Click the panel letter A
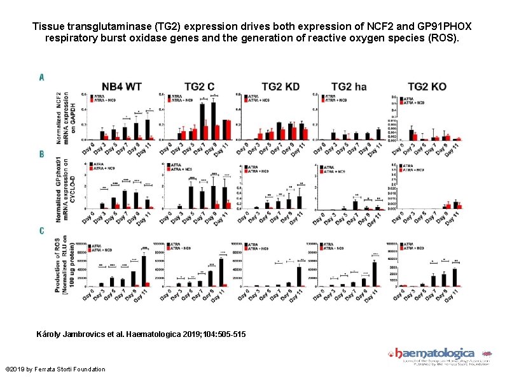point(41,77)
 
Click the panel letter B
point(41,154)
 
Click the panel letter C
point(41,231)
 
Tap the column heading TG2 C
point(199,87)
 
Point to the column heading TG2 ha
point(349,87)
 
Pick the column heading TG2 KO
point(427,87)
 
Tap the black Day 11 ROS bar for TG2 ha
point(375,275)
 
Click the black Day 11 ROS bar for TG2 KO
point(454,278)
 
